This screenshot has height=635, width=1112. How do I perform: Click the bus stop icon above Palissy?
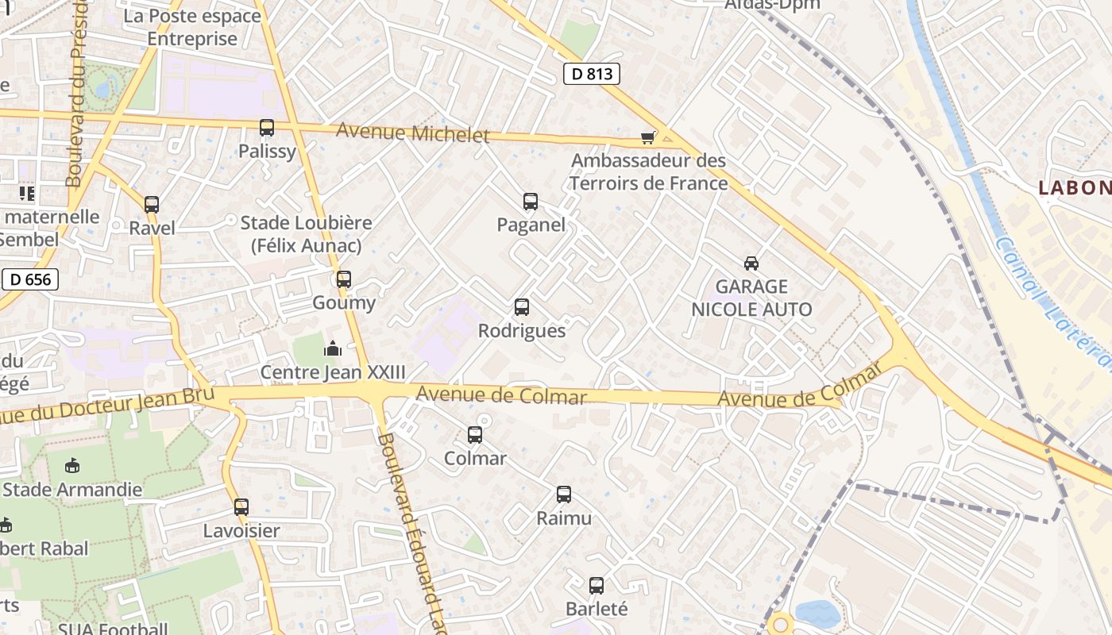pyautogui.click(x=267, y=128)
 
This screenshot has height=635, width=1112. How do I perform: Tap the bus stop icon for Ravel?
pyautogui.click(x=152, y=205)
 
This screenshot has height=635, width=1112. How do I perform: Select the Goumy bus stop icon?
pyautogui.click(x=344, y=279)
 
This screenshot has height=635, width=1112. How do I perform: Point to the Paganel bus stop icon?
pyautogui.click(x=531, y=202)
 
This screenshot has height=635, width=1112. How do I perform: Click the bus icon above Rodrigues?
pyautogui.click(x=522, y=307)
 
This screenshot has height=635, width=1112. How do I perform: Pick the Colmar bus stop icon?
pyautogui.click(x=475, y=435)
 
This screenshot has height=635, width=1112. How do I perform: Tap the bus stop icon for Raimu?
pyautogui.click(x=564, y=495)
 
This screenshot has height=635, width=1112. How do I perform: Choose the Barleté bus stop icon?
pyautogui.click(x=597, y=586)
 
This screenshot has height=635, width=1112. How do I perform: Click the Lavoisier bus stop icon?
pyautogui.click(x=241, y=507)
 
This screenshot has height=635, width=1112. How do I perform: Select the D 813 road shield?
pyautogui.click(x=592, y=74)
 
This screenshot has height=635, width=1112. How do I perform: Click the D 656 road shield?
pyautogui.click(x=30, y=279)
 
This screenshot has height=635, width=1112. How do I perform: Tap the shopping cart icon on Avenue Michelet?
pyautogui.click(x=648, y=138)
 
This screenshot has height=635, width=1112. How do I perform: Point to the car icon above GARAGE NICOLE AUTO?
pyautogui.click(x=751, y=263)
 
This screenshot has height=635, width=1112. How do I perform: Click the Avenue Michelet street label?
pyautogui.click(x=413, y=133)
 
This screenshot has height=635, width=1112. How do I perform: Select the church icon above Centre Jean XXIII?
pyautogui.click(x=333, y=348)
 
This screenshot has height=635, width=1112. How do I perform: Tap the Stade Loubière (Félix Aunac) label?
pyautogui.click(x=307, y=234)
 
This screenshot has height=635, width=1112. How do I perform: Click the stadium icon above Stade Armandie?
pyautogui.click(x=72, y=465)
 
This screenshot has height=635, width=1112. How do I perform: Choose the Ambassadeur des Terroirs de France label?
pyautogui.click(x=649, y=171)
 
